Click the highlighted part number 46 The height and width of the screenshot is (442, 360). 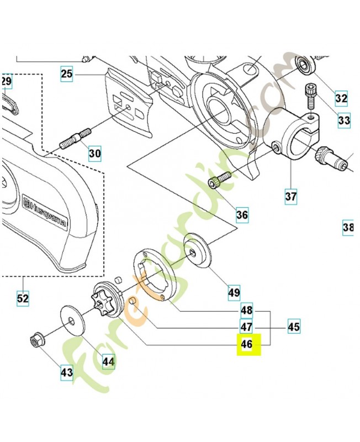[246, 345]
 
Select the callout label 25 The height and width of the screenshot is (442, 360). [67, 73]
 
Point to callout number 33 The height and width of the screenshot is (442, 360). [344, 119]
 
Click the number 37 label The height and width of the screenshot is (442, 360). [290, 196]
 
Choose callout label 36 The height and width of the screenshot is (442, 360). [242, 214]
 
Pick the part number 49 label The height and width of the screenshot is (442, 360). [234, 292]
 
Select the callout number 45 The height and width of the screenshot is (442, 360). [294, 327]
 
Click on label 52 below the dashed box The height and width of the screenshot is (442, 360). [23, 298]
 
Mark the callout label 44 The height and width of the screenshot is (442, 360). [108, 362]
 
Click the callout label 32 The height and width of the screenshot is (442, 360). [342, 99]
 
